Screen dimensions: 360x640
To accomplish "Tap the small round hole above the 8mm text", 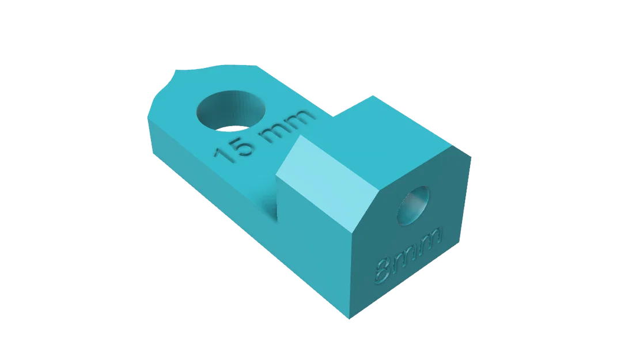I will [413, 205].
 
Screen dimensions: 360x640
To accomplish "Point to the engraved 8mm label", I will [408, 255].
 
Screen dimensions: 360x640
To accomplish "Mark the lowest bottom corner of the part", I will [348, 318].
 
